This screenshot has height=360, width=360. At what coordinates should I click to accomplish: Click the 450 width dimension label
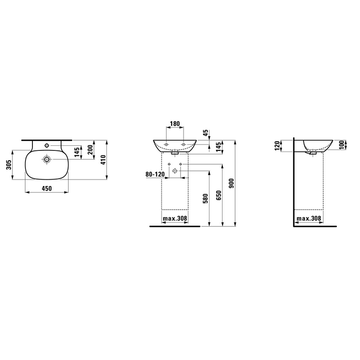[47, 188]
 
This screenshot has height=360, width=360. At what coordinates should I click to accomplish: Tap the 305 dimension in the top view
[9, 165]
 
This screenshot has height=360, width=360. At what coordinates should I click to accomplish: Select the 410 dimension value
[103, 160]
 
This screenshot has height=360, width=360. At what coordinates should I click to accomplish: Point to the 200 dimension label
[91, 149]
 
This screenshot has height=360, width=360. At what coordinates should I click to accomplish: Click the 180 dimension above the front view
[175, 124]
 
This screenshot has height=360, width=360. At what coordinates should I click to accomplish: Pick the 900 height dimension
[231, 183]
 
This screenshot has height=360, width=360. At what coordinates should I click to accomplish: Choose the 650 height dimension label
[218, 195]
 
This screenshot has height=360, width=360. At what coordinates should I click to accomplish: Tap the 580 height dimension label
[206, 199]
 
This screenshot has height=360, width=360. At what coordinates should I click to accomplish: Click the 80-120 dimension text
[155, 174]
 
